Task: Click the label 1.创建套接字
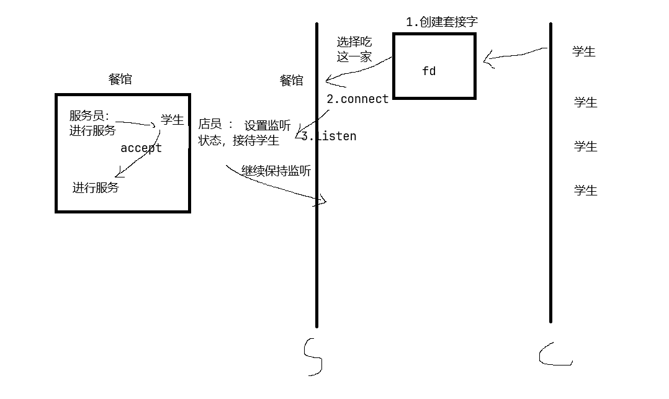[442, 22]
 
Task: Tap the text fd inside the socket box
[429, 71]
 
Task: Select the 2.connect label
[357, 99]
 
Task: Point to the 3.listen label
[329, 136]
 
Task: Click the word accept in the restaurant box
[141, 148]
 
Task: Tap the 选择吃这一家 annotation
[354, 50]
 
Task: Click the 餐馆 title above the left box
[120, 79]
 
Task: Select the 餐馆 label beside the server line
[292, 81]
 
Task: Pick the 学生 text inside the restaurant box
[172, 120]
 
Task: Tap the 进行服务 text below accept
[96, 187]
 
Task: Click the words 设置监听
[267, 126]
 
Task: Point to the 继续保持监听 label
[276, 171]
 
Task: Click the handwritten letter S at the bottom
[313, 357]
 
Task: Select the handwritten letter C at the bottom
[554, 354]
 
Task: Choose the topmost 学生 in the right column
[584, 52]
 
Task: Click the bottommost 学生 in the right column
[585, 191]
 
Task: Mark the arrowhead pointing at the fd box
[488, 61]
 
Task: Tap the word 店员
[210, 124]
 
